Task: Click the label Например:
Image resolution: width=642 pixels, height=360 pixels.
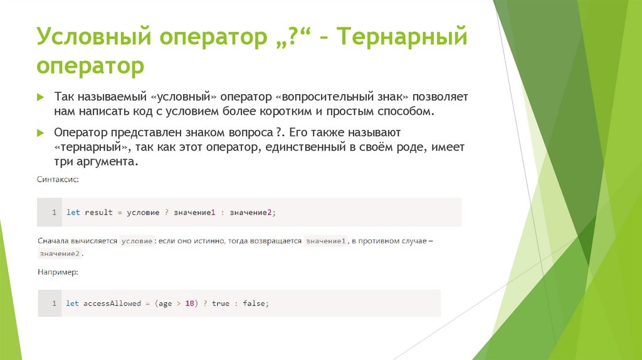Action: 58,272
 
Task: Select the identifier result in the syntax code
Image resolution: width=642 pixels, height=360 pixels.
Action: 98,213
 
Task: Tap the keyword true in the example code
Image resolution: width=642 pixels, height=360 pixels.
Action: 221,304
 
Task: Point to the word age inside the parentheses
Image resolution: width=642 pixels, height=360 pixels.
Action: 165,304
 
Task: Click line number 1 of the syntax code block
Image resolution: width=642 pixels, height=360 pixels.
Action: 54,213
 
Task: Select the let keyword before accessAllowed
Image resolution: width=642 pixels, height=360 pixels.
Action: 73,304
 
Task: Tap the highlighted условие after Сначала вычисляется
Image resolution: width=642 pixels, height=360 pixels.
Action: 137,241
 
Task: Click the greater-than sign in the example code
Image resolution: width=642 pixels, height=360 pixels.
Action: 178,304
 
